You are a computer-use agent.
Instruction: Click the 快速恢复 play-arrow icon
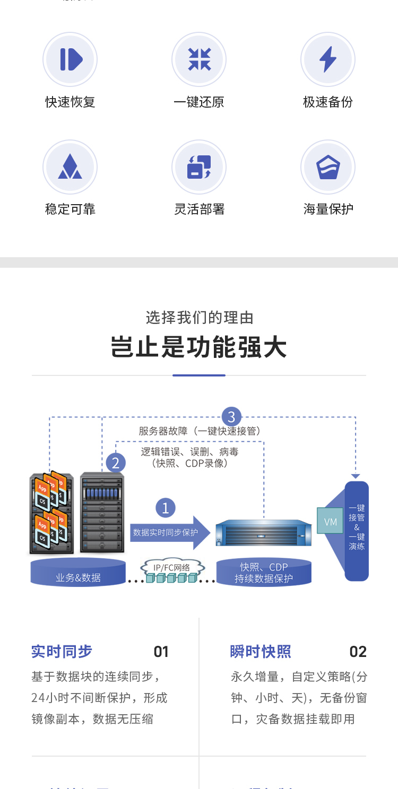(x=70, y=59)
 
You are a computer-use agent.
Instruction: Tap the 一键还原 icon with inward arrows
(x=199, y=59)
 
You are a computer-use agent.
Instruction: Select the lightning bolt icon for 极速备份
(x=328, y=59)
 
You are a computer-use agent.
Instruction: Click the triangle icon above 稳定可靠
(x=70, y=166)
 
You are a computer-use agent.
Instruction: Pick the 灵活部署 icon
(x=199, y=166)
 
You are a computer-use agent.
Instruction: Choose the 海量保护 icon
(x=328, y=166)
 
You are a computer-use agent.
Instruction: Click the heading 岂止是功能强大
(x=199, y=348)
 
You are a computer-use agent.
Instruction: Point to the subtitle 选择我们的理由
(x=199, y=318)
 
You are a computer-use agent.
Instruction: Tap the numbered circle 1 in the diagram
(x=165, y=508)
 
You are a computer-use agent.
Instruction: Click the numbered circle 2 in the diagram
(x=116, y=463)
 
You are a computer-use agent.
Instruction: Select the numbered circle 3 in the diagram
(x=231, y=416)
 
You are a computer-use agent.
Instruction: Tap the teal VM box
(x=330, y=522)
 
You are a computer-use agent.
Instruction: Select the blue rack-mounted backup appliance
(x=263, y=533)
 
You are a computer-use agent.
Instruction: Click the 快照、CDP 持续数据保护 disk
(x=264, y=573)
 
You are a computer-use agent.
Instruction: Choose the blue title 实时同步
(x=62, y=651)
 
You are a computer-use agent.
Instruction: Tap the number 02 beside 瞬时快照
(x=358, y=652)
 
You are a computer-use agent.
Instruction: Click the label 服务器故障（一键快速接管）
(x=200, y=431)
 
